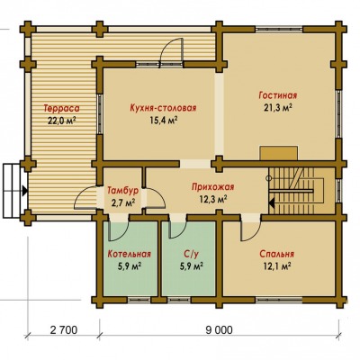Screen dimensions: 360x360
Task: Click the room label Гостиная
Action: (278, 95)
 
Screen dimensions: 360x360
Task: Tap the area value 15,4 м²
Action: (163, 120)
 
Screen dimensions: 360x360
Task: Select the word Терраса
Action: (62, 108)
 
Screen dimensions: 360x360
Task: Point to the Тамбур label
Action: (123, 191)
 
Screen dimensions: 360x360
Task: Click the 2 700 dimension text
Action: (64, 330)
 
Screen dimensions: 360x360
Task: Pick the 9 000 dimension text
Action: (219, 330)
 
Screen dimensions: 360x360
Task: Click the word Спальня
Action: (276, 254)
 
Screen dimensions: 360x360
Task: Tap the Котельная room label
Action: (129, 254)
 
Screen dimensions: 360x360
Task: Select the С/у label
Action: (191, 255)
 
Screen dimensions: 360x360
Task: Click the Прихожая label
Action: (212, 187)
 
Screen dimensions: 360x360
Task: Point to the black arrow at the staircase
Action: (272, 203)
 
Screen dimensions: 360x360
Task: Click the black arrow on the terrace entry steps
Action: (25, 190)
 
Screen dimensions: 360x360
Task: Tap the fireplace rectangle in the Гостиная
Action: (279, 153)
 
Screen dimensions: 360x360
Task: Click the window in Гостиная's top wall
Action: (279, 29)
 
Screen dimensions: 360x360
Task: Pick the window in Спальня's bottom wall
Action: (279, 300)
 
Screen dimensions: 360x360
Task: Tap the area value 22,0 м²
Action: (61, 121)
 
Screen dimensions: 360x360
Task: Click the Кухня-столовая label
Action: (163, 108)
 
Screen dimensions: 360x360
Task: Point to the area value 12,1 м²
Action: (276, 266)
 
